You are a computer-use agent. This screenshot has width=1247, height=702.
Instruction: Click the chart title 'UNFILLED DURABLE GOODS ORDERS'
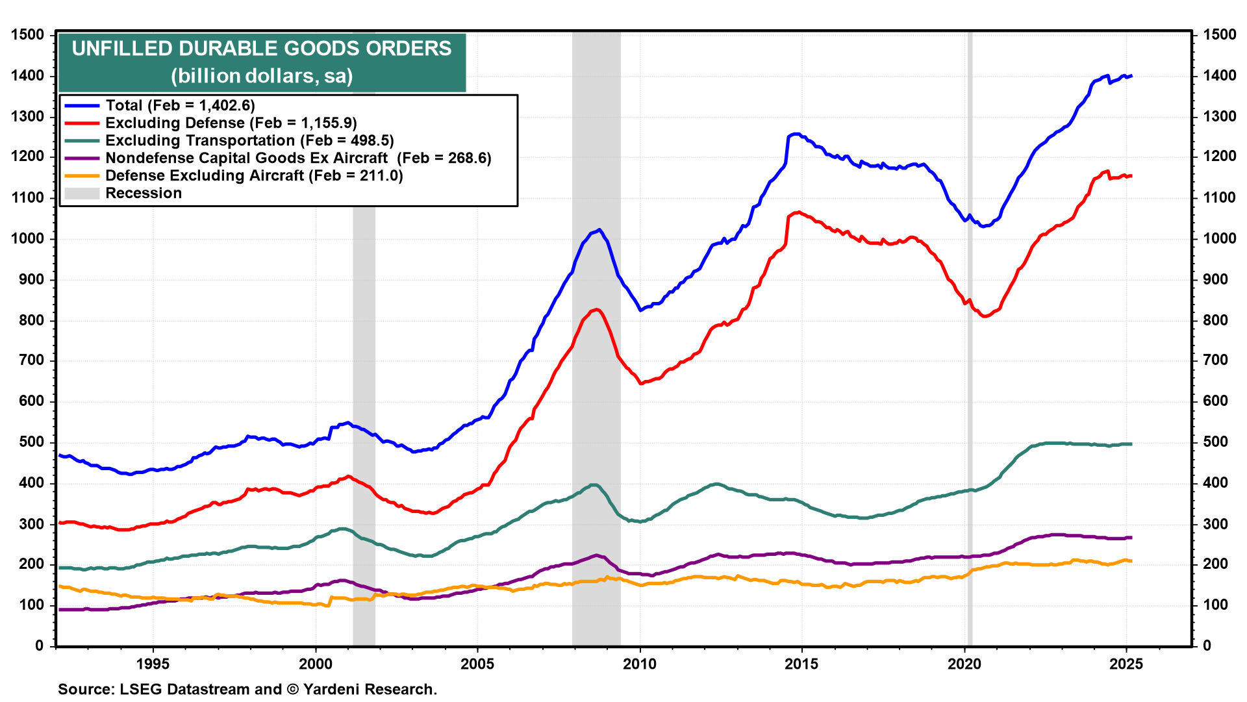point(262,49)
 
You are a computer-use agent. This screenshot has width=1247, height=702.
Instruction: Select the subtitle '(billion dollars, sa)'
point(262,76)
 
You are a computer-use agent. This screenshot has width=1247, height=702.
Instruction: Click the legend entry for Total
point(180,105)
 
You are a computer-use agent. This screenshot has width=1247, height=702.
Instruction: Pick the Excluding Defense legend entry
point(231,123)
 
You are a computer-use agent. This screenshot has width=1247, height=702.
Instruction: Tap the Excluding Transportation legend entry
point(249,140)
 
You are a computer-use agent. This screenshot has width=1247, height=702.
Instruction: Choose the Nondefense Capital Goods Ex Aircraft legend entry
point(298,158)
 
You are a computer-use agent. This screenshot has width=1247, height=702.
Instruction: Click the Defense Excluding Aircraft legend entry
point(254,175)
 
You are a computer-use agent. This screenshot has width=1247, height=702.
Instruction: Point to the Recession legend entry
point(144,193)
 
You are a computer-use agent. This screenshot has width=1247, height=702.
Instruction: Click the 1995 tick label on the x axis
point(153,664)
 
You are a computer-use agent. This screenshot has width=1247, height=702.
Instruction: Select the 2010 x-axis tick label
point(640,664)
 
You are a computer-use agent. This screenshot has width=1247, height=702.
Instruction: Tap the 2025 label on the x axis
point(1126,664)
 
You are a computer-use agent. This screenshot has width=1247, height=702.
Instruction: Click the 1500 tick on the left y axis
point(28,35)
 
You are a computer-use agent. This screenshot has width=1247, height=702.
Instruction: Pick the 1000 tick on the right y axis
point(1219,238)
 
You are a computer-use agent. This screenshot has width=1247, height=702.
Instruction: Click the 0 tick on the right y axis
point(1207,646)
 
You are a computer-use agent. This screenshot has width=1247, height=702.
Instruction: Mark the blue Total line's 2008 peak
point(599,229)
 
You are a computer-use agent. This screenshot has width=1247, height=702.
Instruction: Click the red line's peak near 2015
point(798,212)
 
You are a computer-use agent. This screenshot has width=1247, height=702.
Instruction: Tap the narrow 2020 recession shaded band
point(970,390)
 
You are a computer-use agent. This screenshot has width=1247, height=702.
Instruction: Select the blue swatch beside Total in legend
point(82,105)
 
